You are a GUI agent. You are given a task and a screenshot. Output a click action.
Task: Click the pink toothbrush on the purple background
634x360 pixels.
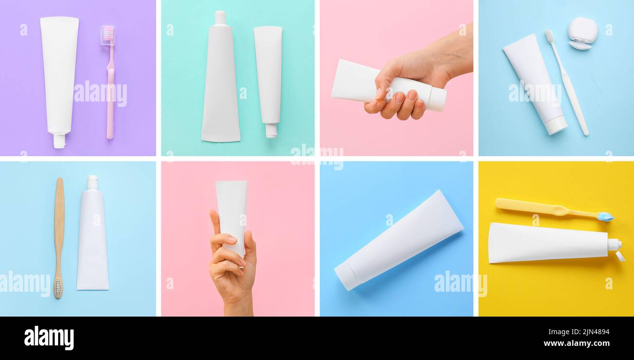click(x=110, y=82)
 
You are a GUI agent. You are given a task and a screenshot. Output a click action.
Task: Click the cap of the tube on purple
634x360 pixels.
click(x=59, y=141)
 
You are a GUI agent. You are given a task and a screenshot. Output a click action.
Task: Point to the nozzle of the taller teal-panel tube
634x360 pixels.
click(x=220, y=18)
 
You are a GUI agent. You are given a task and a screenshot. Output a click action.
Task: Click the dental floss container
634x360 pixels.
click(x=582, y=33)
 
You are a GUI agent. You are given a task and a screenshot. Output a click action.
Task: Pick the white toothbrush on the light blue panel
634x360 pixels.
click(x=567, y=82)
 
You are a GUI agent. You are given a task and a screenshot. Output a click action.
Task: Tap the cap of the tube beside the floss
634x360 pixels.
click(x=556, y=126)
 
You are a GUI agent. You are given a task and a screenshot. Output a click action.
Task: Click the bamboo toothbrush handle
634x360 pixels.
click(x=59, y=226)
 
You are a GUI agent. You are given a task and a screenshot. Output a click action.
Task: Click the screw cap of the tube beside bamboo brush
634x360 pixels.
click(x=93, y=182)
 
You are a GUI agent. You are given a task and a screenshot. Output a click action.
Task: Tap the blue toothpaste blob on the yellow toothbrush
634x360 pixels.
click(x=605, y=217)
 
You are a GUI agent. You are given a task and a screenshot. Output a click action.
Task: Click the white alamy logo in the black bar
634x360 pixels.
click(x=49, y=338)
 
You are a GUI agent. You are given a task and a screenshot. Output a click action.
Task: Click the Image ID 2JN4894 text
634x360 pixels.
click(x=579, y=332)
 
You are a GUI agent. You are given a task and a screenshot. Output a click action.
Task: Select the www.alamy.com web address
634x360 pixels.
click(x=576, y=343)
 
